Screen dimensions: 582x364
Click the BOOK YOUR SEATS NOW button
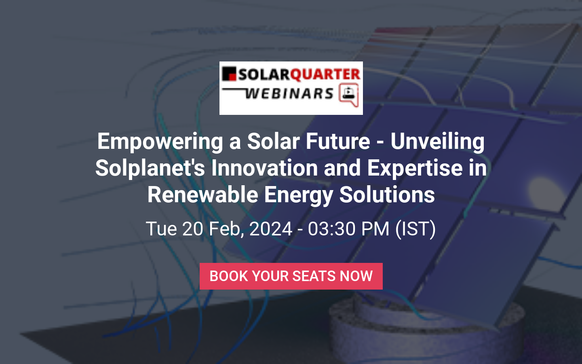tap(291, 276)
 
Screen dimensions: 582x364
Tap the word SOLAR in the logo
tap(264, 74)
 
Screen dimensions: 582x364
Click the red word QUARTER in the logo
tap(325, 74)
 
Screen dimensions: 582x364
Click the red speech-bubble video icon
tap(349, 95)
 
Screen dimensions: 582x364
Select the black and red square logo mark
tap(229, 74)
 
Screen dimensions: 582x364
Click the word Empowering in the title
tap(160, 142)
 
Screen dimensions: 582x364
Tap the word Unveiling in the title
tap(438, 142)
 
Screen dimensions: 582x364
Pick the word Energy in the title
tap(299, 195)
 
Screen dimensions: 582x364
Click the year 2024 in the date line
tap(271, 229)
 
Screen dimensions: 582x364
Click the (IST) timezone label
tap(415, 229)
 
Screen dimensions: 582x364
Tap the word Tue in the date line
tap(161, 229)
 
